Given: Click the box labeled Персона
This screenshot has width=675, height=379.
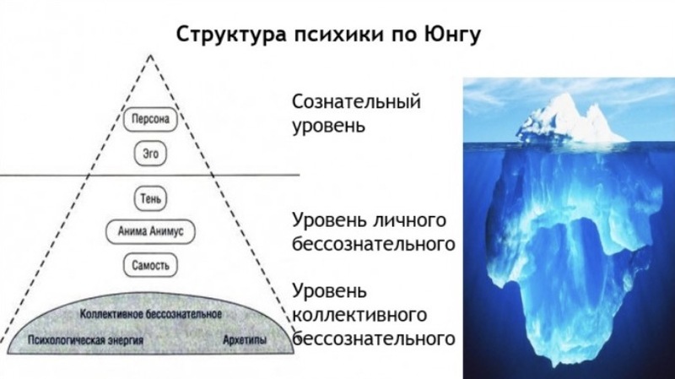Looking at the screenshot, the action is pos(150,119).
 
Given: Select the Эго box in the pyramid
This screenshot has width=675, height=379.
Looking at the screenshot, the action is pos(150,154).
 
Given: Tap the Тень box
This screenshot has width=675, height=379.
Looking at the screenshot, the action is pos(150,198).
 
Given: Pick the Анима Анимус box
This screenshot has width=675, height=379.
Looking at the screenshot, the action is pos(150,232).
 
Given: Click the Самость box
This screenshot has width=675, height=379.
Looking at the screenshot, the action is pos(150,265).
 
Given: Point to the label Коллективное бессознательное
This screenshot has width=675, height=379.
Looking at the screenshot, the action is pos(151,314).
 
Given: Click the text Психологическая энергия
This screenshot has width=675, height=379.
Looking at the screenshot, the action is pos(85,340).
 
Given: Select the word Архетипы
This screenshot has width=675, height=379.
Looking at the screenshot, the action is pos(245,340).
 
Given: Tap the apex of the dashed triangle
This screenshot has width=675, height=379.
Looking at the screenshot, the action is pos(150,55).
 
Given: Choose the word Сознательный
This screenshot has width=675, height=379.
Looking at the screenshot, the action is pos(356,101).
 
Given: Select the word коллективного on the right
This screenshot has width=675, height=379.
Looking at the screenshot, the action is pos(359,315).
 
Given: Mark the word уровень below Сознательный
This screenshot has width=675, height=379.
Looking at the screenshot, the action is pos(329,127).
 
